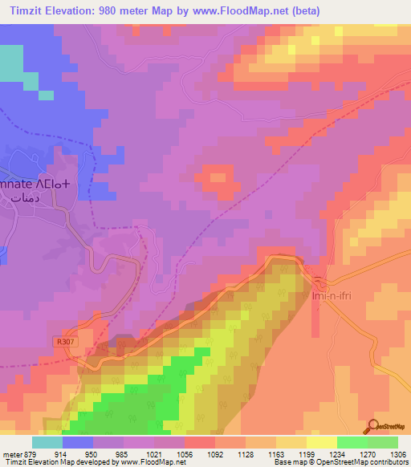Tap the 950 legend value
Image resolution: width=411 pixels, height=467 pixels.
point(94,453)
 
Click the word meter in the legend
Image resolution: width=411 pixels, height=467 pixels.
point(11,453)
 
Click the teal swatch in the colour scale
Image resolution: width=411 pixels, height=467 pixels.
point(47,441)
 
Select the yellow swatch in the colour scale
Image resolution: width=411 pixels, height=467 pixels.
point(321,441)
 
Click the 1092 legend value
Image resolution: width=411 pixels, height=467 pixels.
point(212,453)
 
